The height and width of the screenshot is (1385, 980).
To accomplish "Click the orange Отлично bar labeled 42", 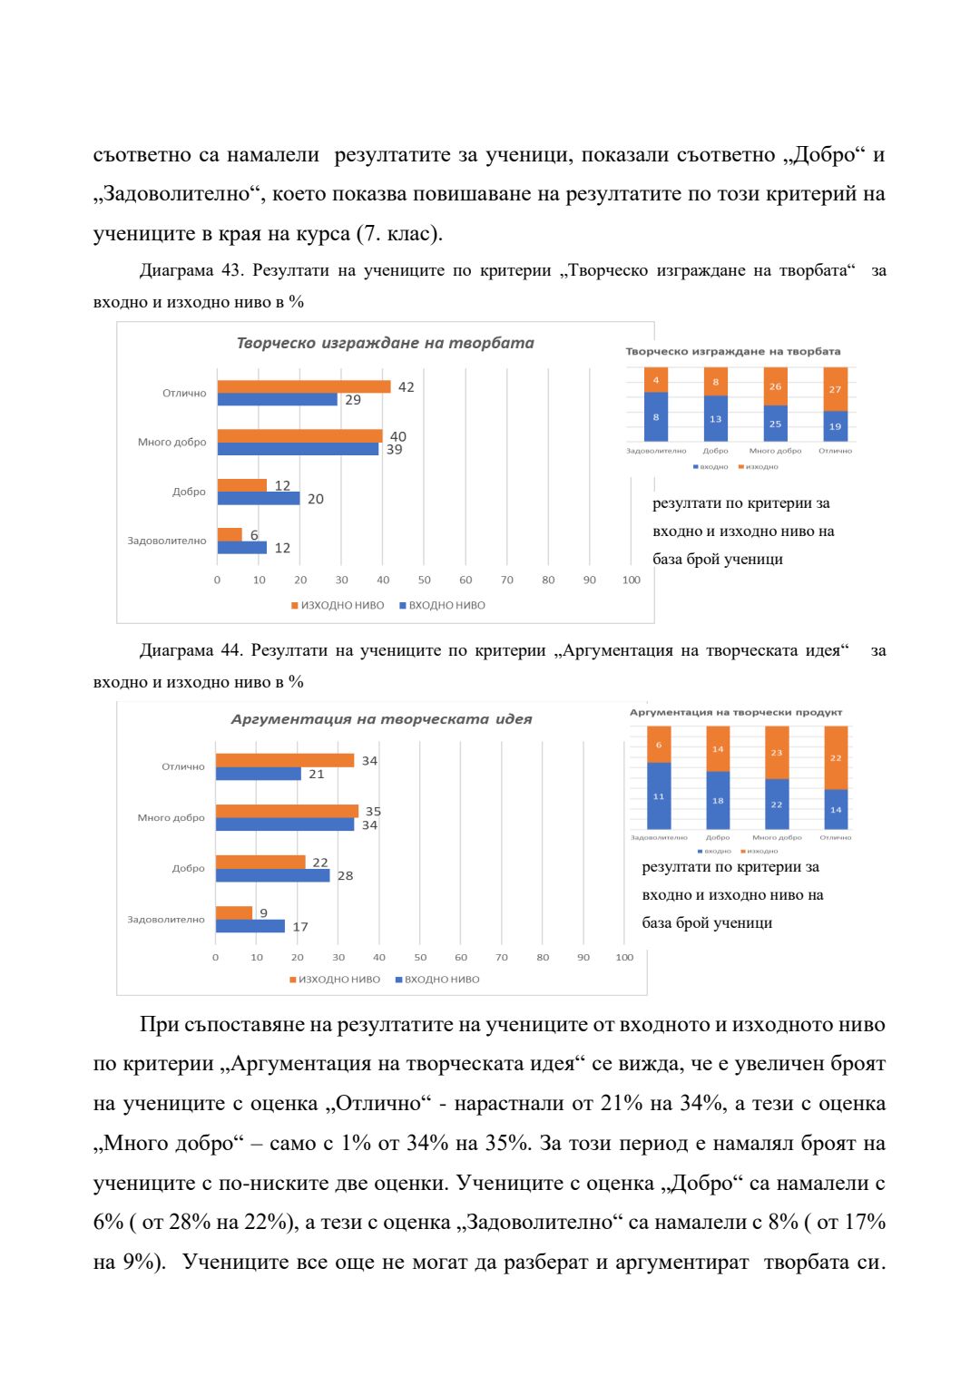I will pyautogui.click(x=303, y=386).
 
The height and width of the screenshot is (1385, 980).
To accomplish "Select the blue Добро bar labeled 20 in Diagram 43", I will pyautogui.click(x=258, y=498).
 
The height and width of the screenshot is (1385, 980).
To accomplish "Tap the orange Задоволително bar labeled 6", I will pyautogui.click(x=230, y=534).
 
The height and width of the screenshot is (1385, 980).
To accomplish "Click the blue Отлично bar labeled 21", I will pyautogui.click(x=258, y=774).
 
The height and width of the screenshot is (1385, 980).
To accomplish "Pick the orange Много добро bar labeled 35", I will pyautogui.click(x=287, y=811).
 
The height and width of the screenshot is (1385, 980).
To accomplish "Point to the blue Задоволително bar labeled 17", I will pyautogui.click(x=250, y=926).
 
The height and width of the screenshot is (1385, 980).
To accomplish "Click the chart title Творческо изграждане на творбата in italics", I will pyautogui.click(x=385, y=343).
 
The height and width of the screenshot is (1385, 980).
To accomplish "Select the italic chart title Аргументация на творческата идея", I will pyautogui.click(x=381, y=719).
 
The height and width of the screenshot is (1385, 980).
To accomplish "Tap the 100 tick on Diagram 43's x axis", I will pyautogui.click(x=631, y=580).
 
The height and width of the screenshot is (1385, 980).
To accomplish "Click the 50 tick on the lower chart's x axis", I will pyautogui.click(x=420, y=957).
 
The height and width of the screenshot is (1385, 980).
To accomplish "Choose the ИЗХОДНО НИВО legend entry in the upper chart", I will pyautogui.click(x=338, y=605).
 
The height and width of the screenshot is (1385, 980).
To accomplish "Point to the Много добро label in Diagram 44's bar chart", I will pyautogui.click(x=171, y=817).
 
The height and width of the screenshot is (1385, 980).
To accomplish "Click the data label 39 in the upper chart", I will pyautogui.click(x=394, y=450).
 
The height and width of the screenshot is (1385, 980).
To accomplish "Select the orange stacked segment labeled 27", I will pyautogui.click(x=835, y=389).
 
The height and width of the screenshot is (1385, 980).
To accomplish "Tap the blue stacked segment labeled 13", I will pyautogui.click(x=715, y=418).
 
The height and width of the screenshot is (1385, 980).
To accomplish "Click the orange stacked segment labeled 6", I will pyautogui.click(x=659, y=745).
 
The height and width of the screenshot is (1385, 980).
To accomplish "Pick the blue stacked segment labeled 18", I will pyautogui.click(x=718, y=800).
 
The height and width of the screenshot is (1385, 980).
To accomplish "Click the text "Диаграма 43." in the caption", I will pyautogui.click(x=191, y=270).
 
